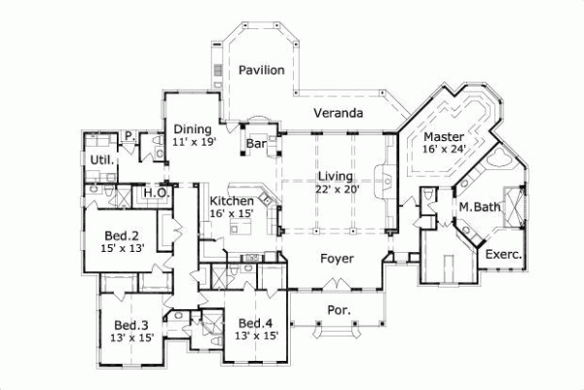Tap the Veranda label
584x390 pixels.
pyautogui.click(x=339, y=114)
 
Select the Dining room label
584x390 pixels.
pyautogui.click(x=193, y=127)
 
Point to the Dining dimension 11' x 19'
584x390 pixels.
pyautogui.click(x=193, y=141)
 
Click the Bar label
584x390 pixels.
pyautogui.click(x=256, y=144)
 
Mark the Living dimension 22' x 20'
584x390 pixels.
pyautogui.click(x=338, y=190)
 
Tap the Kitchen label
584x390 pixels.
pyautogui.click(x=232, y=200)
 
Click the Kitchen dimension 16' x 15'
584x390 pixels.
pyautogui.click(x=232, y=213)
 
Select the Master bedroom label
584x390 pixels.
pyautogui.click(x=444, y=135)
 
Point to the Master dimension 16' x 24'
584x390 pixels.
pyautogui.click(x=444, y=149)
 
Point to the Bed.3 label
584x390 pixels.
pyautogui.click(x=130, y=325)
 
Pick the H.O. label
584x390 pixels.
pyautogui.click(x=156, y=194)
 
